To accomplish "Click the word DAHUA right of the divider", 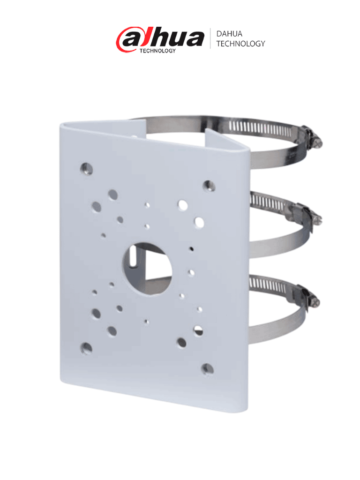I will pyautogui.click(x=229, y=34).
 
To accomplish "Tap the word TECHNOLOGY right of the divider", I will pyautogui.click(x=240, y=44).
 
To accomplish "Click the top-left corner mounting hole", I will pyautogui.click(x=86, y=167).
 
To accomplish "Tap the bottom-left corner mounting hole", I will pyautogui.click(x=86, y=347).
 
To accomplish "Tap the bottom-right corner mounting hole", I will pyautogui.click(x=207, y=369).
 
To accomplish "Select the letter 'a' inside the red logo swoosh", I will pyautogui.click(x=129, y=39).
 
